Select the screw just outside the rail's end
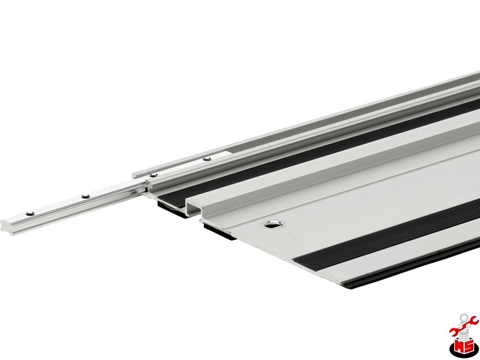coord(154,175)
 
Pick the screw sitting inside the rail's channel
coord(206,158)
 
